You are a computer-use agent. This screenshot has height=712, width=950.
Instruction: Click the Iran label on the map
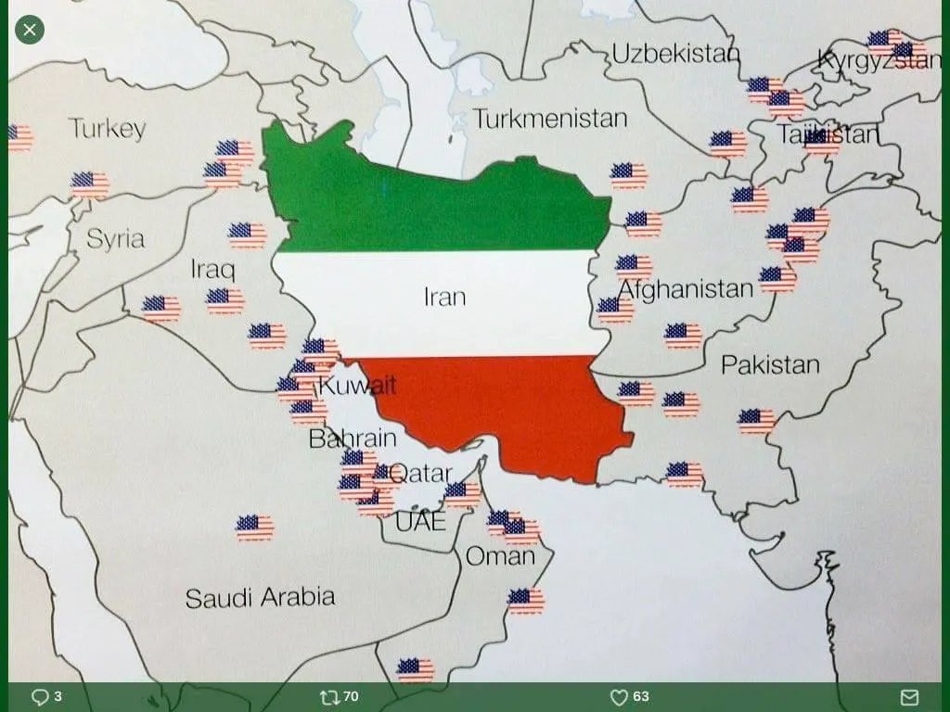pyautogui.click(x=444, y=297)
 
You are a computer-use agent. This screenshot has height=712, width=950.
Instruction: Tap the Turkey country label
pyautogui.click(x=107, y=128)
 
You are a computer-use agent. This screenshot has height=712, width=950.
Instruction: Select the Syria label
pyautogui.click(x=115, y=238)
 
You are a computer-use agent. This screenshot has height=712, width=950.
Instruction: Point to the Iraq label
pyautogui.click(x=212, y=270)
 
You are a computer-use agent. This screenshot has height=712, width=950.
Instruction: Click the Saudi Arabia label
pyautogui.click(x=260, y=597)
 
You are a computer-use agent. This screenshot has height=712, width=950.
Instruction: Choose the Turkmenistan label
pyautogui.click(x=550, y=119)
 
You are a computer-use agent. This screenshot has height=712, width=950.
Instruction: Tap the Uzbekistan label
pyautogui.click(x=675, y=54)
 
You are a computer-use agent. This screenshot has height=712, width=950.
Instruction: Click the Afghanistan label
pyautogui.click(x=685, y=289)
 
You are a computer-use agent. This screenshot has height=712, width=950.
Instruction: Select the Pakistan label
pyautogui.click(x=770, y=364)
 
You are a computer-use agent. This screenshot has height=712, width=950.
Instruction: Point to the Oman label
pyautogui.click(x=500, y=556)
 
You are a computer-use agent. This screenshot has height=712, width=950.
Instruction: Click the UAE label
pyautogui.click(x=420, y=522)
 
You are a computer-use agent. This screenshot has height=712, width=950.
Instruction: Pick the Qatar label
pyautogui.click(x=420, y=474)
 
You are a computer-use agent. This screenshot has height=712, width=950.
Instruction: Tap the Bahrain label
pyautogui.click(x=353, y=439)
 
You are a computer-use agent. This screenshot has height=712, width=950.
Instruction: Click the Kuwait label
pyautogui.click(x=357, y=385)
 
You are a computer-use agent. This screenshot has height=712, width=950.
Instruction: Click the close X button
pyautogui.click(x=30, y=30)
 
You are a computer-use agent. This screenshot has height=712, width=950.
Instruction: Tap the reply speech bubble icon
pyautogui.click(x=40, y=697)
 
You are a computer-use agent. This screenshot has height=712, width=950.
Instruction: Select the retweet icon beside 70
pyautogui.click(x=329, y=697)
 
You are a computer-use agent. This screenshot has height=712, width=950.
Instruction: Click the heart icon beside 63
pyautogui.click(x=619, y=697)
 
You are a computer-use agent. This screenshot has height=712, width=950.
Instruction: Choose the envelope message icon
pyautogui.click(x=909, y=697)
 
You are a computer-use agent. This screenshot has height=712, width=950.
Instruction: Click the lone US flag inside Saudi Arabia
pyautogui.click(x=254, y=528)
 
